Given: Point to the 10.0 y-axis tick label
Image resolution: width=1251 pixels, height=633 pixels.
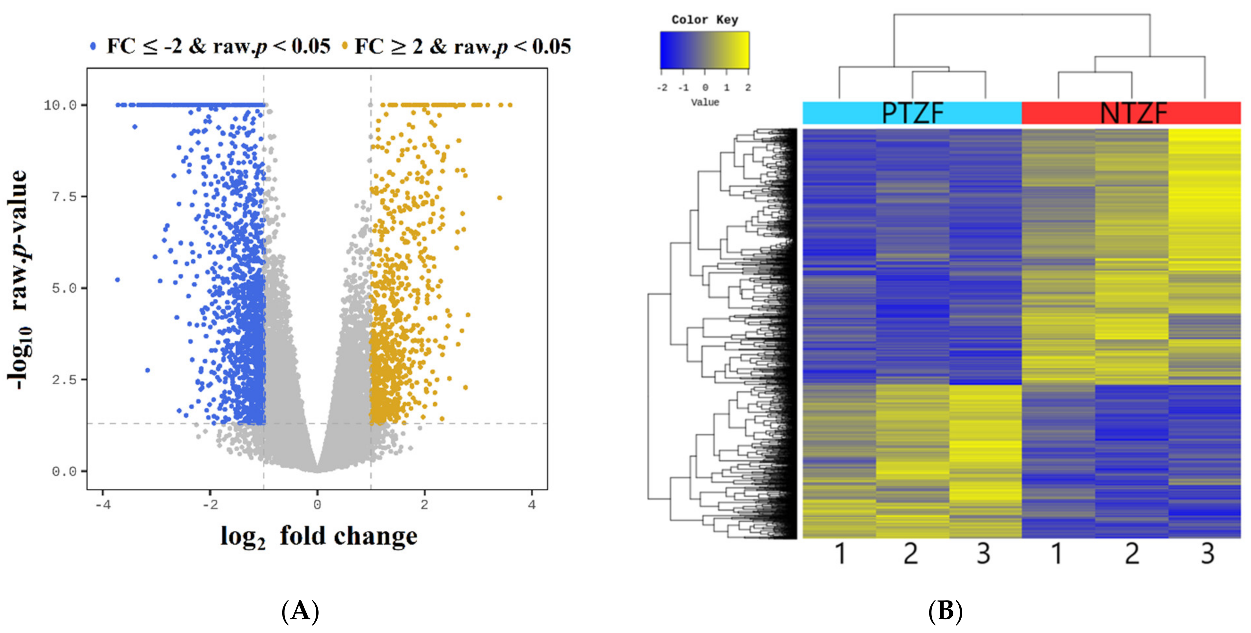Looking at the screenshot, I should point(60,106).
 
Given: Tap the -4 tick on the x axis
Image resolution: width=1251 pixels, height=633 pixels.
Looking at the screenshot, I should point(103,505).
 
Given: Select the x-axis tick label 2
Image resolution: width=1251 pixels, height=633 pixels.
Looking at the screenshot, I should point(424,505).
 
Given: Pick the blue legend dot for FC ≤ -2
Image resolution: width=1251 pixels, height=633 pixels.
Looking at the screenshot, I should point(93,46).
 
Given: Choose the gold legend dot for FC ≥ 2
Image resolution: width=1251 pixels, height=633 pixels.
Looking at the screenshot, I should point(345,46).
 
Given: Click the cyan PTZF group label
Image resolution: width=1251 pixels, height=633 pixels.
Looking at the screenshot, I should point(912,113).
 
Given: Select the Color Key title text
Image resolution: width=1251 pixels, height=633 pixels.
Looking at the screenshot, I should point(704,20).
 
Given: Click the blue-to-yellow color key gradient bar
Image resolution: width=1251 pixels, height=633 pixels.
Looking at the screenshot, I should point(704,50).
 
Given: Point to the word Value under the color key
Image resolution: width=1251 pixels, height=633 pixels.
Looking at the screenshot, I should point(705,102).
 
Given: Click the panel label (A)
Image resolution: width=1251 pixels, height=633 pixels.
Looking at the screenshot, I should point(300,611).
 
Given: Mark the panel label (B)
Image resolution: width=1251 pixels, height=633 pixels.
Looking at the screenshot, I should point(945,611).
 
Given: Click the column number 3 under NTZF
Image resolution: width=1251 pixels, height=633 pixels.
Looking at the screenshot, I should point(1208,553).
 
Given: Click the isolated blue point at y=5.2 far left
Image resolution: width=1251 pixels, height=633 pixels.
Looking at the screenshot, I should point(117,280).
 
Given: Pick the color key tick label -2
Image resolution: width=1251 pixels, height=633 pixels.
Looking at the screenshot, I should point(662,88).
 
